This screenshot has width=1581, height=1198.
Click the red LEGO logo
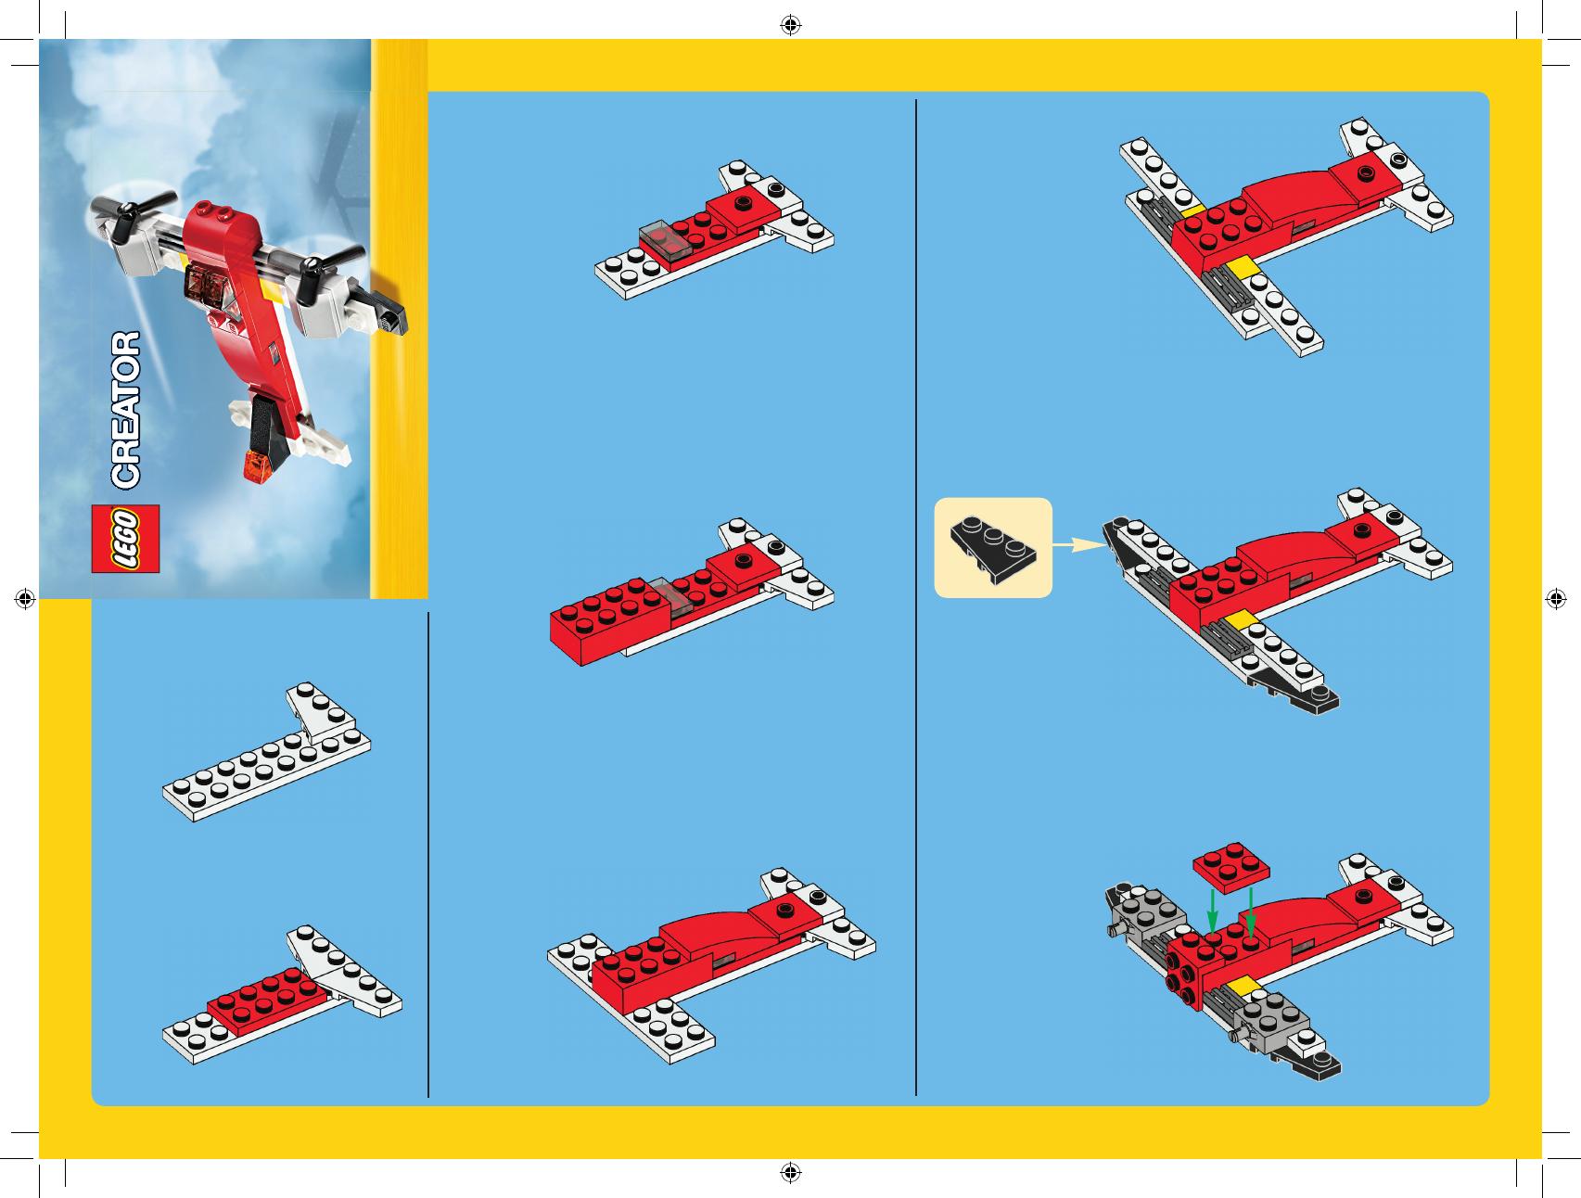pos(125,539)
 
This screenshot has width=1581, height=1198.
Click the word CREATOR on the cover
pos(125,410)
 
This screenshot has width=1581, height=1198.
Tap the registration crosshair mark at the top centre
pos(790,25)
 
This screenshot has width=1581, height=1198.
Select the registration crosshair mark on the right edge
pos(1555,599)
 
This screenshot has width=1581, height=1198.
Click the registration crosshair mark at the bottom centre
pos(790,1173)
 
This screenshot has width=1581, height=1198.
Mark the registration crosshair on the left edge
pos(25,599)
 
